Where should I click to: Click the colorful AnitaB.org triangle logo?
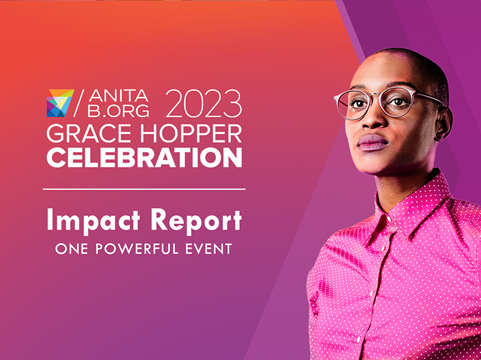pyautogui.click(x=60, y=103)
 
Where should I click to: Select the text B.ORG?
pyautogui.click(x=118, y=110)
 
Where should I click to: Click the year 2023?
pyautogui.click(x=204, y=103)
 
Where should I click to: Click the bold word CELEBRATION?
pyautogui.click(x=144, y=157)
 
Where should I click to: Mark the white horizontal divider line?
pyautogui.click(x=144, y=189)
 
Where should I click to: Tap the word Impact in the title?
pyautogui.click(x=93, y=221)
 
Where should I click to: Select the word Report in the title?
pyautogui.click(x=196, y=221)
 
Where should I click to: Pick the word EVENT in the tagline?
pyautogui.click(x=209, y=249)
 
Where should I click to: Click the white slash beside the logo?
pyautogui.click(x=79, y=103)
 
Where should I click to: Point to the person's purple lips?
pyautogui.click(x=373, y=142)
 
